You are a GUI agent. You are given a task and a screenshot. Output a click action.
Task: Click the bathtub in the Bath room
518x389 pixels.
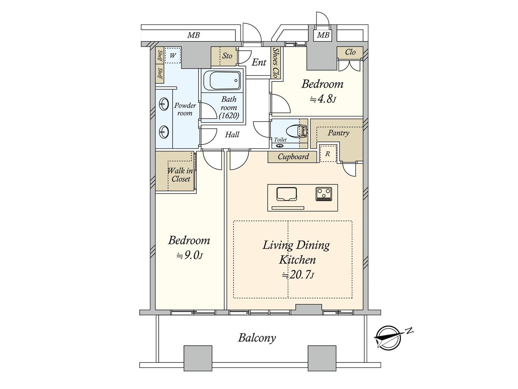(221, 80)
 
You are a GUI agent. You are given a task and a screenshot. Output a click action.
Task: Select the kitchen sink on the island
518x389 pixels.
(287, 194)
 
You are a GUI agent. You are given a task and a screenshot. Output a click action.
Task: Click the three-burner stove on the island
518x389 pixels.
(324, 194)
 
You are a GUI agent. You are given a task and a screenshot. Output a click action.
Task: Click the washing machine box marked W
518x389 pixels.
(173, 56)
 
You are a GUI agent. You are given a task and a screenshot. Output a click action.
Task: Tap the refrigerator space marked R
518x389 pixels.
(328, 154)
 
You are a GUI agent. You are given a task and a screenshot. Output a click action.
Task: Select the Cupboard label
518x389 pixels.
(293, 157)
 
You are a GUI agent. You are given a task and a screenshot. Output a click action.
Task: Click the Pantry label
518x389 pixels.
(338, 133)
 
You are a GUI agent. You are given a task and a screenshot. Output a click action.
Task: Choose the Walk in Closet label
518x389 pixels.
(180, 175)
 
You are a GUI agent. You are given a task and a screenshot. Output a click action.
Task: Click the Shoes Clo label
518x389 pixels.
(276, 63)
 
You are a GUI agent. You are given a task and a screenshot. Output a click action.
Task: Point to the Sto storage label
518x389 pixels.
(227, 56)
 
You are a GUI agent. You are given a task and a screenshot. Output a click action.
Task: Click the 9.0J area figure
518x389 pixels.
(190, 255)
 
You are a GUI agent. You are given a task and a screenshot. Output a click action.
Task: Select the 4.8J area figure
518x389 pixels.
(322, 99)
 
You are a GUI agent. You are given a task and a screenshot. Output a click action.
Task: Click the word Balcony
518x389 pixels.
(257, 338)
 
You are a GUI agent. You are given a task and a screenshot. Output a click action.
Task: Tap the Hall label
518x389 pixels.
(232, 135)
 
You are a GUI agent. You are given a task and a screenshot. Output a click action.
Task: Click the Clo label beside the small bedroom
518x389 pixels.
(350, 52)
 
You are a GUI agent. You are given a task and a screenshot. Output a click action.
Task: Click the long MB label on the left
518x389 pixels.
(194, 35)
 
